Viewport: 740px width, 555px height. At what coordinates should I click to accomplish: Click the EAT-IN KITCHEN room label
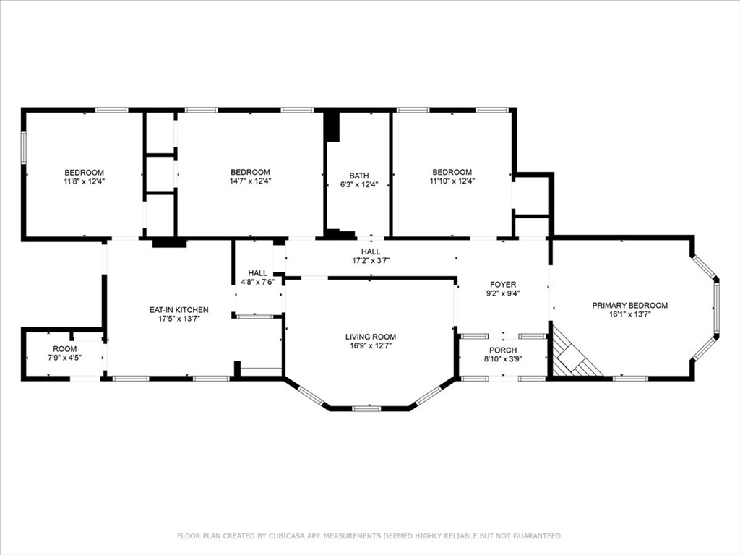179,310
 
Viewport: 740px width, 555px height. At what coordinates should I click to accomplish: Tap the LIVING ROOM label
371,337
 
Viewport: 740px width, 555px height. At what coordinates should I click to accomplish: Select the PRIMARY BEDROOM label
629,306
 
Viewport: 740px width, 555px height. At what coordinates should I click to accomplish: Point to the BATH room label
359,176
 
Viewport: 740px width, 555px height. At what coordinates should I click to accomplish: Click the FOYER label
503,285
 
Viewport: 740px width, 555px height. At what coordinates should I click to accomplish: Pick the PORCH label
503,350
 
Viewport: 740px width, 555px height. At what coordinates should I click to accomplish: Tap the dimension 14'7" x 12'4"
250,181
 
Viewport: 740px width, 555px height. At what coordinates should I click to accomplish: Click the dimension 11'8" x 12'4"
84,181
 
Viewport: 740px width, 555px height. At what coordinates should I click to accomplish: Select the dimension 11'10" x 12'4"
452,181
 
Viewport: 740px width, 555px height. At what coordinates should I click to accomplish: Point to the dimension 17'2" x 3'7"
371,260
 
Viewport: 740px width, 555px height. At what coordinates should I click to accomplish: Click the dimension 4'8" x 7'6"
258,282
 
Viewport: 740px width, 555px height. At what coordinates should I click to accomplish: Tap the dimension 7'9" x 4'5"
64,357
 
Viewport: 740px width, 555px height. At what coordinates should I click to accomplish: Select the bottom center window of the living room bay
366,408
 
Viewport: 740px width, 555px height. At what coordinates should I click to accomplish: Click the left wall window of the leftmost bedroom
22,147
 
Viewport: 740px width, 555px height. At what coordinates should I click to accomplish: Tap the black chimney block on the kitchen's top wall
169,243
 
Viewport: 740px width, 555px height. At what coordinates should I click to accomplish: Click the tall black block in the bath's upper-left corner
332,126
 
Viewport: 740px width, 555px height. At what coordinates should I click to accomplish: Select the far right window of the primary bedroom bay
716,309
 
